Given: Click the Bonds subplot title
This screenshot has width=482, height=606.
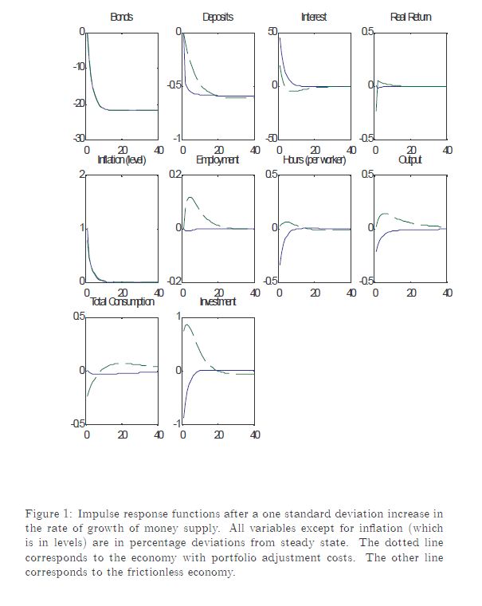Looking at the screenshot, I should point(122,17).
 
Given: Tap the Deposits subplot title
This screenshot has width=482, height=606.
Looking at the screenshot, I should point(217,17).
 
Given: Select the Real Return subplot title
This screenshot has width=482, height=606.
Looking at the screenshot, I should point(410,17).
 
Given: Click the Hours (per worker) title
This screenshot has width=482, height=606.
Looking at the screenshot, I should point(315,160).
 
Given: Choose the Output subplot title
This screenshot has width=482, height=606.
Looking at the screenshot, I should point(410,160).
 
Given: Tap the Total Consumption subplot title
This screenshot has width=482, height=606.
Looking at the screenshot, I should point(122,301).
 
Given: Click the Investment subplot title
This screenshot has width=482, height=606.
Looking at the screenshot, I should point(217,301).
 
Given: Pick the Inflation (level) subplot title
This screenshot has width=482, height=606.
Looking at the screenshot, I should point(122,160).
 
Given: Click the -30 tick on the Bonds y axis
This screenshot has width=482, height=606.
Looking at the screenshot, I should point(78,139).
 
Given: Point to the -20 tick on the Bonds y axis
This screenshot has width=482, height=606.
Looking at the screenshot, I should point(78,103).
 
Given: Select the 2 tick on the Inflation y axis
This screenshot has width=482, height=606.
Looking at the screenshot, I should point(81,174).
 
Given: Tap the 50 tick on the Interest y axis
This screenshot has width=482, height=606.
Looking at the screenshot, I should point(272,31).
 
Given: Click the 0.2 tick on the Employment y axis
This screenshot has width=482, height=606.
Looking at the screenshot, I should point(174,174).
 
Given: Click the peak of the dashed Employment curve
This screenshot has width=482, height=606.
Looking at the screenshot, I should point(190,197).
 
